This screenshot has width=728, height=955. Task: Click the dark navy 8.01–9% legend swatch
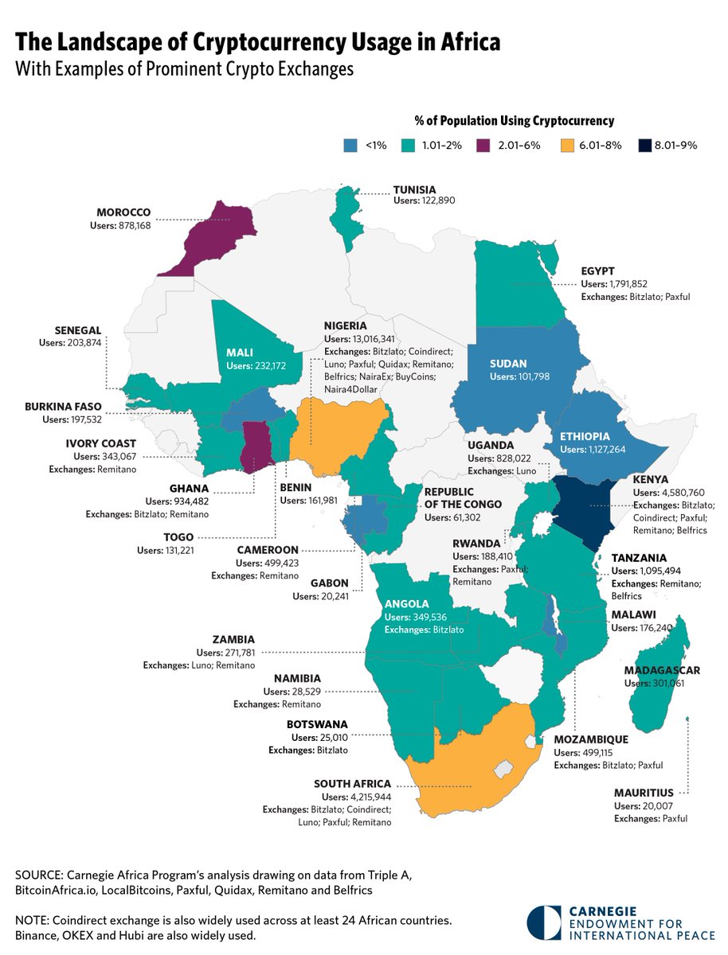point(645,146)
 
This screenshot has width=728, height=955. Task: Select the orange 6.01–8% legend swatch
point(569,146)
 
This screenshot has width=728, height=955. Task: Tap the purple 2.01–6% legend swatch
point(485,146)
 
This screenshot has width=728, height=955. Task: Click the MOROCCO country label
point(123,213)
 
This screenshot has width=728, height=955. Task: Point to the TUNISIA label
point(415,189)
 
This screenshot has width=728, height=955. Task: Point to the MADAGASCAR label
point(663,671)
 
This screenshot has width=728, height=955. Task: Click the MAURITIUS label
point(643,793)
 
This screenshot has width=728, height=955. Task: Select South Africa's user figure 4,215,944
point(368,797)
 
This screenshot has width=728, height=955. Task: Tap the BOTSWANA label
point(317,725)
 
